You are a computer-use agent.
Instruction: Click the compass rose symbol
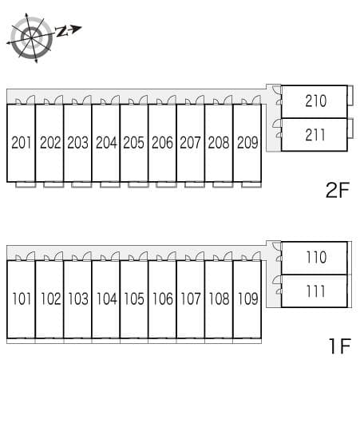31,38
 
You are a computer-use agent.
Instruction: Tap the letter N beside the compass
61,32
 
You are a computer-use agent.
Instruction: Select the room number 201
22,142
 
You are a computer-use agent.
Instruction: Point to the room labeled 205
134,142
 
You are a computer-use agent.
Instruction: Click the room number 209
247,142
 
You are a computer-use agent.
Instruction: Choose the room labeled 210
315,101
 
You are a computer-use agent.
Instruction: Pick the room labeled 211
315,135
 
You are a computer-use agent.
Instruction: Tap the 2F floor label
338,190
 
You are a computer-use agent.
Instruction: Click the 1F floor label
340,346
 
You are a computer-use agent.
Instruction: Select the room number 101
22,298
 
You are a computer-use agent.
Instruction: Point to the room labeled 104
107,298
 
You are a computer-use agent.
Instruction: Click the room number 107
191,298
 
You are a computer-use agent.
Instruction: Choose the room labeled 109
248,298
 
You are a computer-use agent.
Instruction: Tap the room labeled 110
316,257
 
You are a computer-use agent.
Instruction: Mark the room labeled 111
315,291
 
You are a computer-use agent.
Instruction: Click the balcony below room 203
81,185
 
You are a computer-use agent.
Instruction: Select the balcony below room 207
195,185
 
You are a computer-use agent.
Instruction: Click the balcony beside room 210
350,95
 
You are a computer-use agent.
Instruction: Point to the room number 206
162,142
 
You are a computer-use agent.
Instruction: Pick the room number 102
51,298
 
